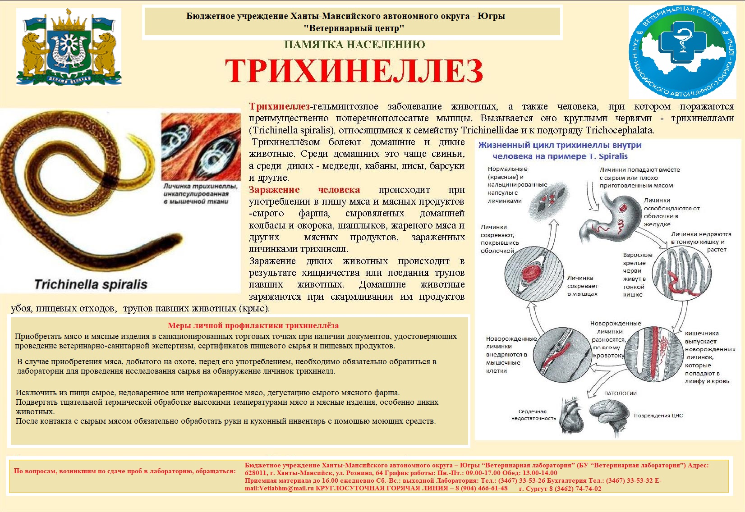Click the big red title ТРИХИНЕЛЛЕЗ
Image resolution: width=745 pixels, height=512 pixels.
point(354,71)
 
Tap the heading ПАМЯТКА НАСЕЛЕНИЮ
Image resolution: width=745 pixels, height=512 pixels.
point(354,45)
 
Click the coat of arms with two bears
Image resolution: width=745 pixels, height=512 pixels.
point(69,48)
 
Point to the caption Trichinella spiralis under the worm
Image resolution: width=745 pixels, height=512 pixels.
point(91,284)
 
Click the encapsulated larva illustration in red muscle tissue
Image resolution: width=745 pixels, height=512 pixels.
point(201,147)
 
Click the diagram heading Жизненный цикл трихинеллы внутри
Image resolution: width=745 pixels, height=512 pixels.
point(560,145)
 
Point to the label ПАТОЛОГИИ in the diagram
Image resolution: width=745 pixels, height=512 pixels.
point(620,393)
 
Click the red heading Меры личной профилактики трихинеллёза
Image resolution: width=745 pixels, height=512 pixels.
point(253,325)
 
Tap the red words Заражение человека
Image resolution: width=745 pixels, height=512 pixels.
point(304,190)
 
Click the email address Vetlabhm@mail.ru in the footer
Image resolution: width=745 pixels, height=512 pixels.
point(280,489)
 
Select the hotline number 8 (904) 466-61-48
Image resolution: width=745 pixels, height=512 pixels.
point(481,489)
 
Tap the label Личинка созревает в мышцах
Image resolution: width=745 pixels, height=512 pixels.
point(582,286)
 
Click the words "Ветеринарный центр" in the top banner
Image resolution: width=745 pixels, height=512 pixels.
point(354,28)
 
